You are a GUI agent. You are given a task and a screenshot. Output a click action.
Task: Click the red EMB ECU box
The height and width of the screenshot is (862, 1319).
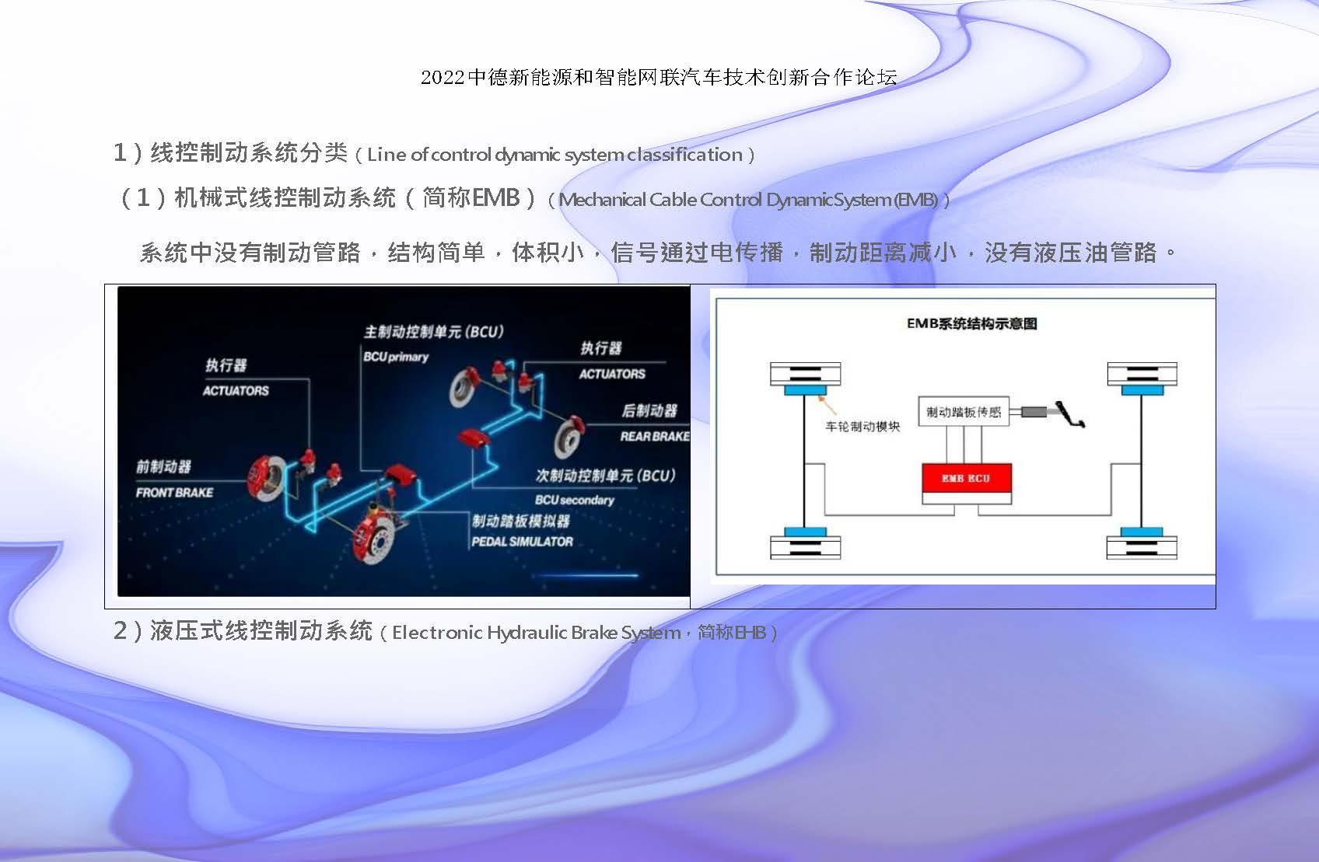966,478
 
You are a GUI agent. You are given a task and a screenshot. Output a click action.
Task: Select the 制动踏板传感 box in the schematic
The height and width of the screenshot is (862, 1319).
964,411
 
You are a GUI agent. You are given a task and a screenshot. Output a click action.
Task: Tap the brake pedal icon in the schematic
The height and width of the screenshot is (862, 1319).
1069,414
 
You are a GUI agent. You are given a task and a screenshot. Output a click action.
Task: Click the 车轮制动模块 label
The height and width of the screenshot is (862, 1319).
862,427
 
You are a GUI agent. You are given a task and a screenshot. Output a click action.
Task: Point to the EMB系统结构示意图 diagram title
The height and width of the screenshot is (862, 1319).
971,323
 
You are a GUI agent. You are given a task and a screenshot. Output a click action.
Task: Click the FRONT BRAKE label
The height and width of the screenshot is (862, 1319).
174,493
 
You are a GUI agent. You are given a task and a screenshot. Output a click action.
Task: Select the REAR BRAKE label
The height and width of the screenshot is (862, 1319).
655,436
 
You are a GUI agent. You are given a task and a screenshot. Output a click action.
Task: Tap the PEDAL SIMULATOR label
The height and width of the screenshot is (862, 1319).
523,541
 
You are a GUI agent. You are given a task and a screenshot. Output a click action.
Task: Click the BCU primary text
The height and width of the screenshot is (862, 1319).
396,357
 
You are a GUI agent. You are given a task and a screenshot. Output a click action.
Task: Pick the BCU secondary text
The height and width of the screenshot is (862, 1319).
574,500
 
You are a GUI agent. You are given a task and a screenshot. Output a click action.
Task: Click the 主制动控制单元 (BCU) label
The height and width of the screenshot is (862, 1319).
434,332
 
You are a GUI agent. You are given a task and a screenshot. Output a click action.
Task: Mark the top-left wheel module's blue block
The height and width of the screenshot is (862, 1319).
805,390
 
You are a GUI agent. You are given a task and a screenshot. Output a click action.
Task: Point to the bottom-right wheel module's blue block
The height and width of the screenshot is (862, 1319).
1142,532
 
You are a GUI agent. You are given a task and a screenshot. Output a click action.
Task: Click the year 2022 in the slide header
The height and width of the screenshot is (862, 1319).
443,77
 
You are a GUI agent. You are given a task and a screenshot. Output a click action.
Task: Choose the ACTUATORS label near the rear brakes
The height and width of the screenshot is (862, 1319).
612,374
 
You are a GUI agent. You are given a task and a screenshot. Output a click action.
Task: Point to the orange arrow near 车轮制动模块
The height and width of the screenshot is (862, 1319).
827,405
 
